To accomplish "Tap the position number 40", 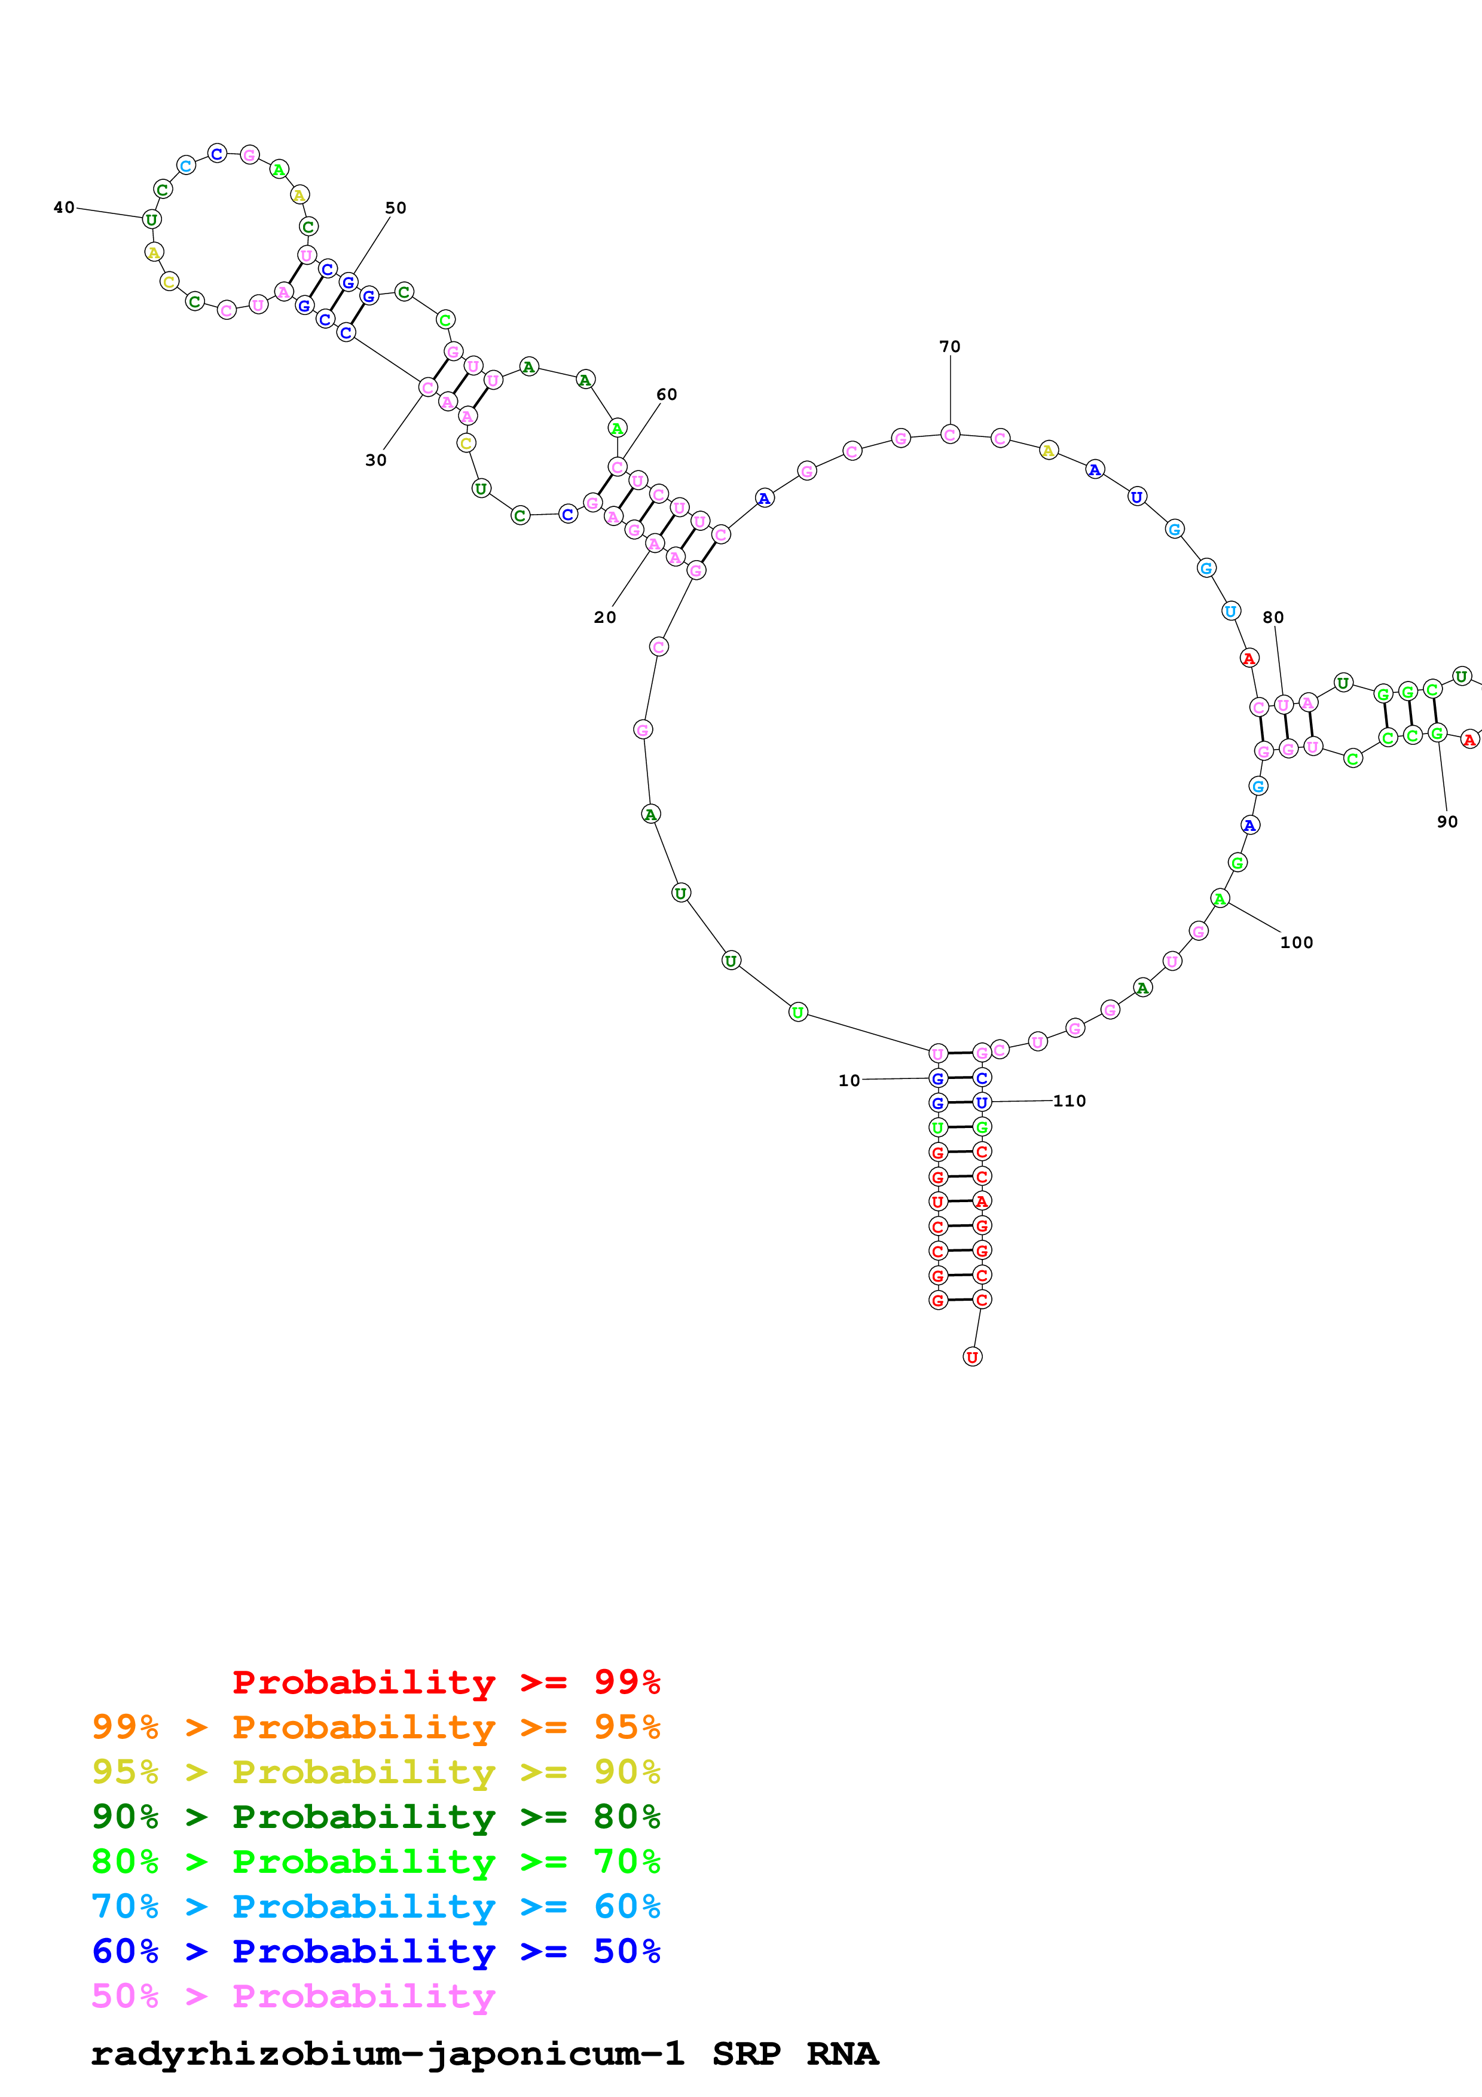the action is coord(64,208).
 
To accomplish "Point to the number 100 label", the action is coord(1295,943).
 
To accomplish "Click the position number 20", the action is coord(604,618).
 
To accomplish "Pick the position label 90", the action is coord(1447,822).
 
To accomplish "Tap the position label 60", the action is coord(667,395).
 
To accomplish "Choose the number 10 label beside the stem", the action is coord(849,1080).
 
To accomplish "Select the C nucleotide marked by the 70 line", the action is coord(951,435).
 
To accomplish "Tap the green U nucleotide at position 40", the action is coord(152,220).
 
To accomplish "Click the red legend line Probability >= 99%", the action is coord(445,1682).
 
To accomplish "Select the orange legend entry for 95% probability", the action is coord(375,1727).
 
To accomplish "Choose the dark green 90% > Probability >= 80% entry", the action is coord(375,1817).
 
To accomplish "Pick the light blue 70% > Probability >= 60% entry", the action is coord(375,1906).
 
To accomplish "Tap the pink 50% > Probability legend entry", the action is coord(293,1995).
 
